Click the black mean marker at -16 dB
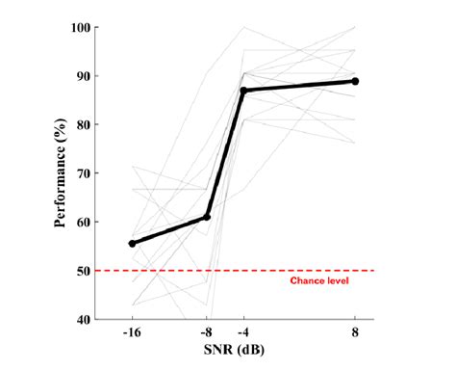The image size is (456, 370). [x=132, y=244]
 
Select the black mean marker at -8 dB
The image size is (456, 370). [x=207, y=217]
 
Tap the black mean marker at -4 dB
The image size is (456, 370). [x=243, y=91]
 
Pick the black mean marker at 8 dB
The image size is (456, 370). [x=356, y=82]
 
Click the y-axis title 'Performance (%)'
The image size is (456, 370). [x=60, y=173]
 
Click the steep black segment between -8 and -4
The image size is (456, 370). [x=225, y=154]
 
